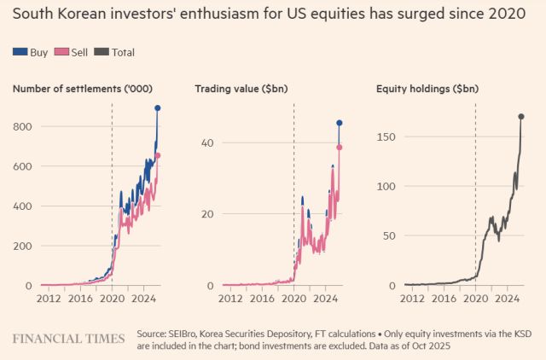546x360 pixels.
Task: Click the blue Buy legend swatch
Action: tap(20, 52)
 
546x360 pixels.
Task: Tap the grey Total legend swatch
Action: tap(103, 52)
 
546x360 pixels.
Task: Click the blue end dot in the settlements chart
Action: tap(158, 108)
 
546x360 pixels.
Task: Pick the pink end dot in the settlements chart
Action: tap(158, 155)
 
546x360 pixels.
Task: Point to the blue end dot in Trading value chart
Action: tap(340, 123)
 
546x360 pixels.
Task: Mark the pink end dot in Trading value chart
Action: tap(340, 147)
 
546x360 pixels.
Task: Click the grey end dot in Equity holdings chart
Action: tap(521, 116)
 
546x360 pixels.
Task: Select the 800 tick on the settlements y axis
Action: tap(23, 127)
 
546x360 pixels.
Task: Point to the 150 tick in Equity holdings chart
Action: tap(388, 136)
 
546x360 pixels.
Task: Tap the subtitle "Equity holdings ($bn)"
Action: tap(429, 89)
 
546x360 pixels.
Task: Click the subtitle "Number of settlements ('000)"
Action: tap(77, 89)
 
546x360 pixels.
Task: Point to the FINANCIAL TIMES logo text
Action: tap(68, 338)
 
